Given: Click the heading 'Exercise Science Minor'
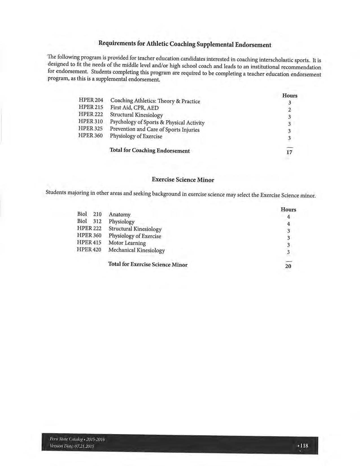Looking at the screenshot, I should pos(183,180).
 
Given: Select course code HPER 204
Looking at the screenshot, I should pos(91,100).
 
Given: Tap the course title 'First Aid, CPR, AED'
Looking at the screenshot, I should pos(134,108).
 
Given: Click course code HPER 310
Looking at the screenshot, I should pos(90,121).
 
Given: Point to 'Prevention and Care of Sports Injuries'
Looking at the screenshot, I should pos(154,129).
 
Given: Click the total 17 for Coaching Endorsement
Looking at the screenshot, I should pos(289,152).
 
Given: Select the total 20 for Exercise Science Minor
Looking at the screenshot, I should pos(288,266).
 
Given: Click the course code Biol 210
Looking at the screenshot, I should pos(89,214).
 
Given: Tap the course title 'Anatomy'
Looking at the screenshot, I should pos(119,215).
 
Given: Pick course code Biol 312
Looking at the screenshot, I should pos(89,221).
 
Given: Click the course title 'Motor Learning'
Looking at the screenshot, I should pos(127,243).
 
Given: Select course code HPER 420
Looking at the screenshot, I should pos(89,250).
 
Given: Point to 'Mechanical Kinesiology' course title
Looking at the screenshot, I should pos(136,250).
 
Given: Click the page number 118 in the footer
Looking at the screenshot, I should pos(304,446).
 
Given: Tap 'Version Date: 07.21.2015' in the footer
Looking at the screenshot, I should pos(72,446).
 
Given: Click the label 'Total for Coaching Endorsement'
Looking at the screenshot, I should pos(149,151).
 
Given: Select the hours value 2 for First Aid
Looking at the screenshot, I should pos(289,110).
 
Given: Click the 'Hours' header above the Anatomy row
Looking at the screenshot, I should pos(288,210).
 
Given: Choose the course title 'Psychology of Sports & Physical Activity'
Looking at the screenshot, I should pos(157,122).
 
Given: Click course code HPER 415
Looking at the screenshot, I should pos(89,243).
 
